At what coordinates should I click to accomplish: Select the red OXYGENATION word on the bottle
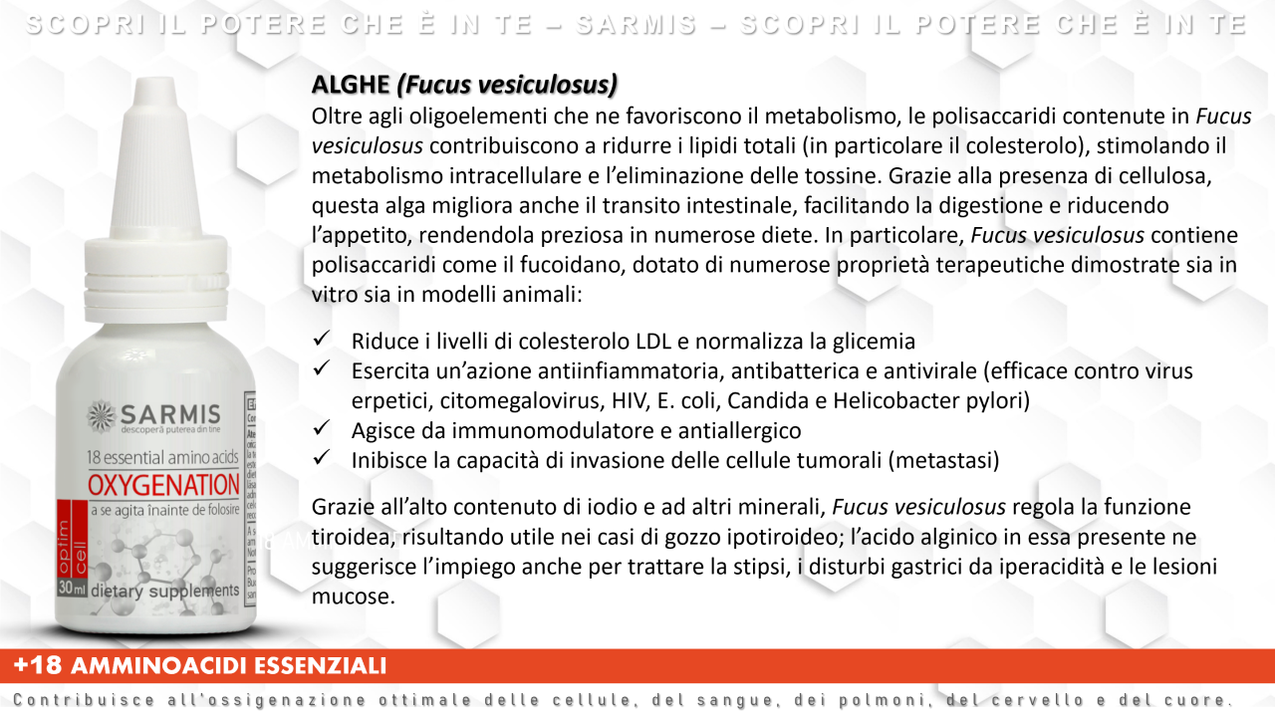tap(162, 485)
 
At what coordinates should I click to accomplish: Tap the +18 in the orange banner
tap(37, 665)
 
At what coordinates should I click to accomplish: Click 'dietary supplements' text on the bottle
tap(164, 590)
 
